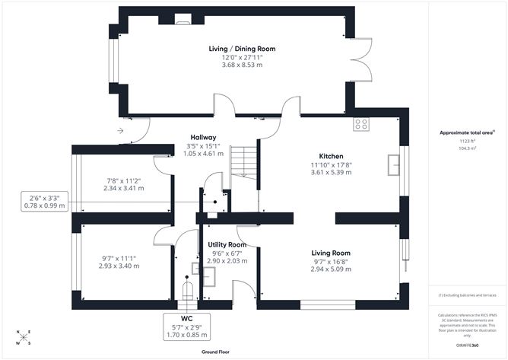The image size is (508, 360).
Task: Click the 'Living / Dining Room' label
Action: pyautogui.click(x=242, y=49)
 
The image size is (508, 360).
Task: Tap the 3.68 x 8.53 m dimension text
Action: pyautogui.click(x=242, y=65)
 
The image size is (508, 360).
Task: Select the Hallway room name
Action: pyautogui.click(x=203, y=137)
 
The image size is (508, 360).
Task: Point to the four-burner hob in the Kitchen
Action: pyautogui.click(x=360, y=124)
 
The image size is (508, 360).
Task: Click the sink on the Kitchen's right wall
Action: pyautogui.click(x=394, y=164)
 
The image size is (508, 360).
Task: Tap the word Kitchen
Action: pyautogui.click(x=332, y=155)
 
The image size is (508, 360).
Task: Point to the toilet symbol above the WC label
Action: pyautogui.click(x=186, y=292)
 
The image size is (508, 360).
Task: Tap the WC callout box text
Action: pyautogui.click(x=186, y=326)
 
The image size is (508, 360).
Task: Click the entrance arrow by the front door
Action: pyautogui.click(x=120, y=130)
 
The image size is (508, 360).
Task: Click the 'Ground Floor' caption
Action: pyautogui.click(x=217, y=352)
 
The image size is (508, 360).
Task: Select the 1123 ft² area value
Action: pyautogui.click(x=466, y=141)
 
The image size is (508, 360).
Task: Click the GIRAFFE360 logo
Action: pyautogui.click(x=466, y=346)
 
